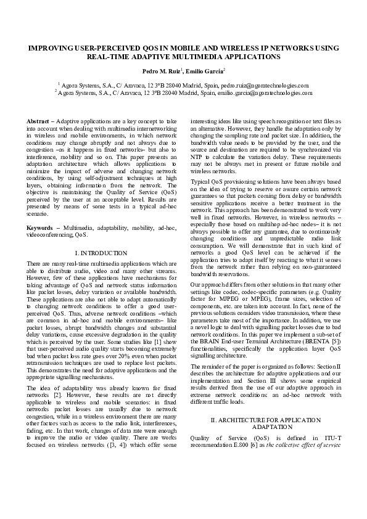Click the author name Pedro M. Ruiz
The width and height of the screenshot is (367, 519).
coord(162,72)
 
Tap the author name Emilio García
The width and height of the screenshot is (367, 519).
coord(207,72)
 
